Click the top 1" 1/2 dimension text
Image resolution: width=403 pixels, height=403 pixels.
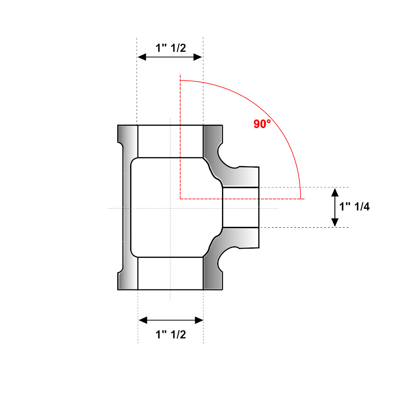click(171, 48)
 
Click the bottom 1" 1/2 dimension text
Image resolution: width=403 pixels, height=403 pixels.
click(171, 334)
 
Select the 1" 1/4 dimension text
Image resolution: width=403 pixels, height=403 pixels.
click(355, 207)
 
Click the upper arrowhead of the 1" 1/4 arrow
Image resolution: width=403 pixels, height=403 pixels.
click(334, 192)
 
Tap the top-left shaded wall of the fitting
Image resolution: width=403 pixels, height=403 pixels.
click(128, 141)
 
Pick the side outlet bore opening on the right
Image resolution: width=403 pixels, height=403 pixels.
click(241, 208)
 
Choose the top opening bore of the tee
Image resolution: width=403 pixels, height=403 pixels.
click(170, 141)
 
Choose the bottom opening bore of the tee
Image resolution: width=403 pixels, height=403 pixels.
click(170, 273)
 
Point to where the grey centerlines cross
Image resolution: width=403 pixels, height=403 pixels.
click(170, 208)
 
